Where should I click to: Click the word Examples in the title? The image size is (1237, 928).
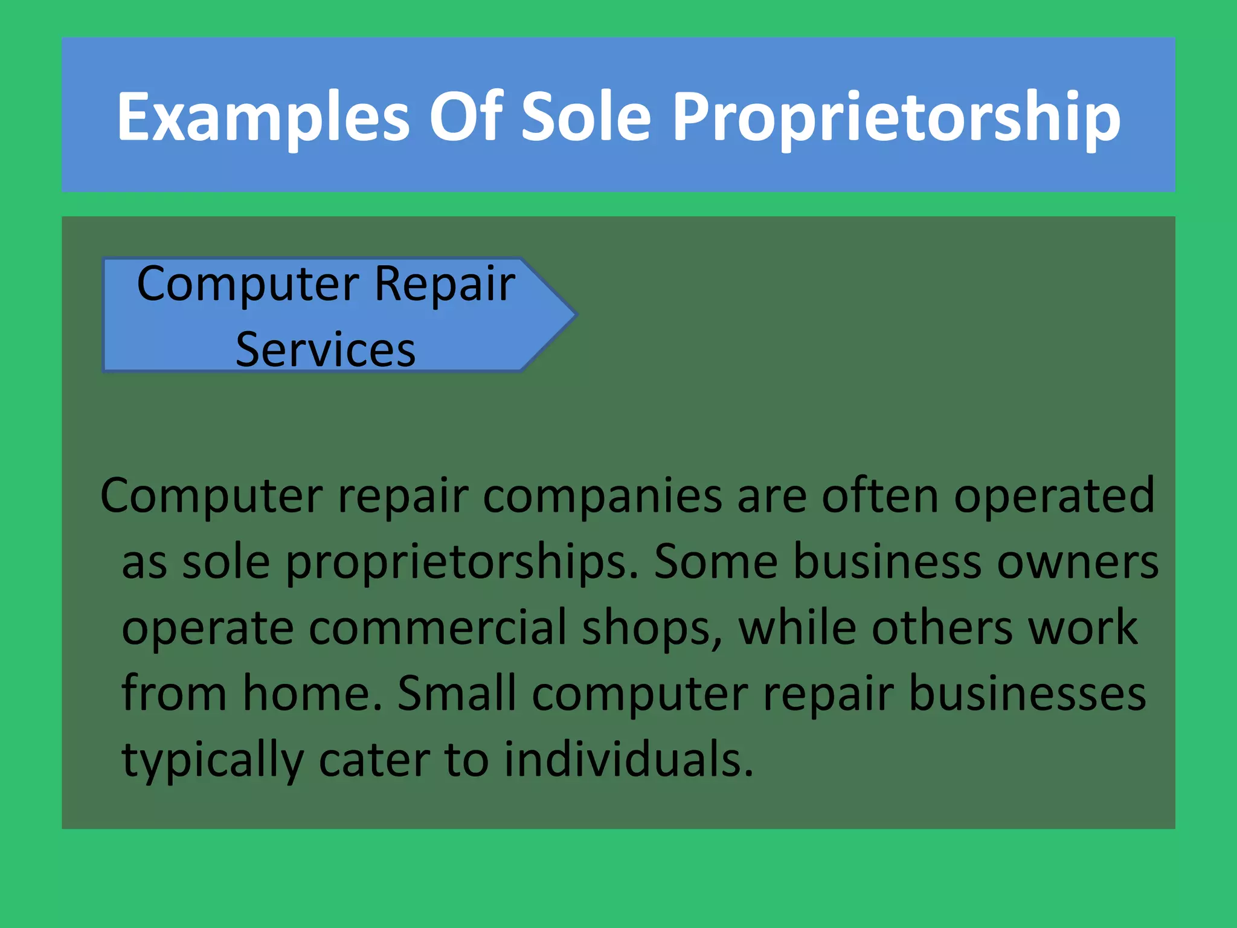tap(263, 118)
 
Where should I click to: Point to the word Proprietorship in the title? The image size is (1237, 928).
tap(896, 118)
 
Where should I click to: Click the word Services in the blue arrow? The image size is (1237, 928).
tap(326, 350)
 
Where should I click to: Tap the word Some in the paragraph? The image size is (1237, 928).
tap(716, 561)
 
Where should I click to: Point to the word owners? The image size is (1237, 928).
tap(1078, 562)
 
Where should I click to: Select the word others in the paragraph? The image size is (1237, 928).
tap(942, 628)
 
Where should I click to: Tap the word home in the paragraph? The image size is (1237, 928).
tap(312, 694)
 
